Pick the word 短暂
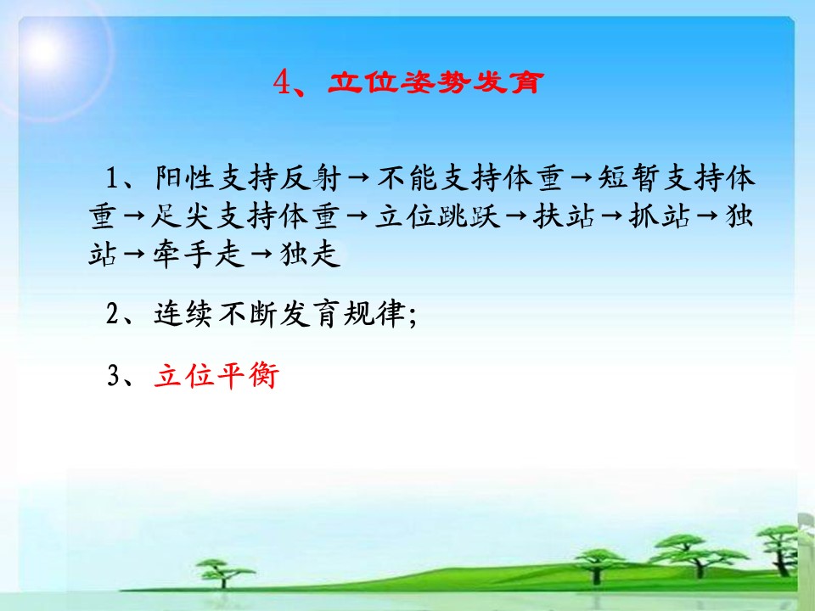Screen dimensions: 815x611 coord(629,177)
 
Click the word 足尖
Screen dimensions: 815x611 coord(182,216)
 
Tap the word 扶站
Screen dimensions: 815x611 coord(563,216)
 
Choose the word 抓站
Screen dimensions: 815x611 coord(659,216)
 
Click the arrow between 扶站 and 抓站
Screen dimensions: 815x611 coord(611,216)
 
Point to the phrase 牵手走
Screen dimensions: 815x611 coord(199,254)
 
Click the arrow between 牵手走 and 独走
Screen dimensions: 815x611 coord(261,255)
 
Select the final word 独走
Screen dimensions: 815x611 coord(311,254)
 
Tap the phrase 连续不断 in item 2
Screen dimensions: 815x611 coord(216,313)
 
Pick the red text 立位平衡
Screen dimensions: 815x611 coord(216,375)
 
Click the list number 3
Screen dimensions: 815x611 coord(113,376)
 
